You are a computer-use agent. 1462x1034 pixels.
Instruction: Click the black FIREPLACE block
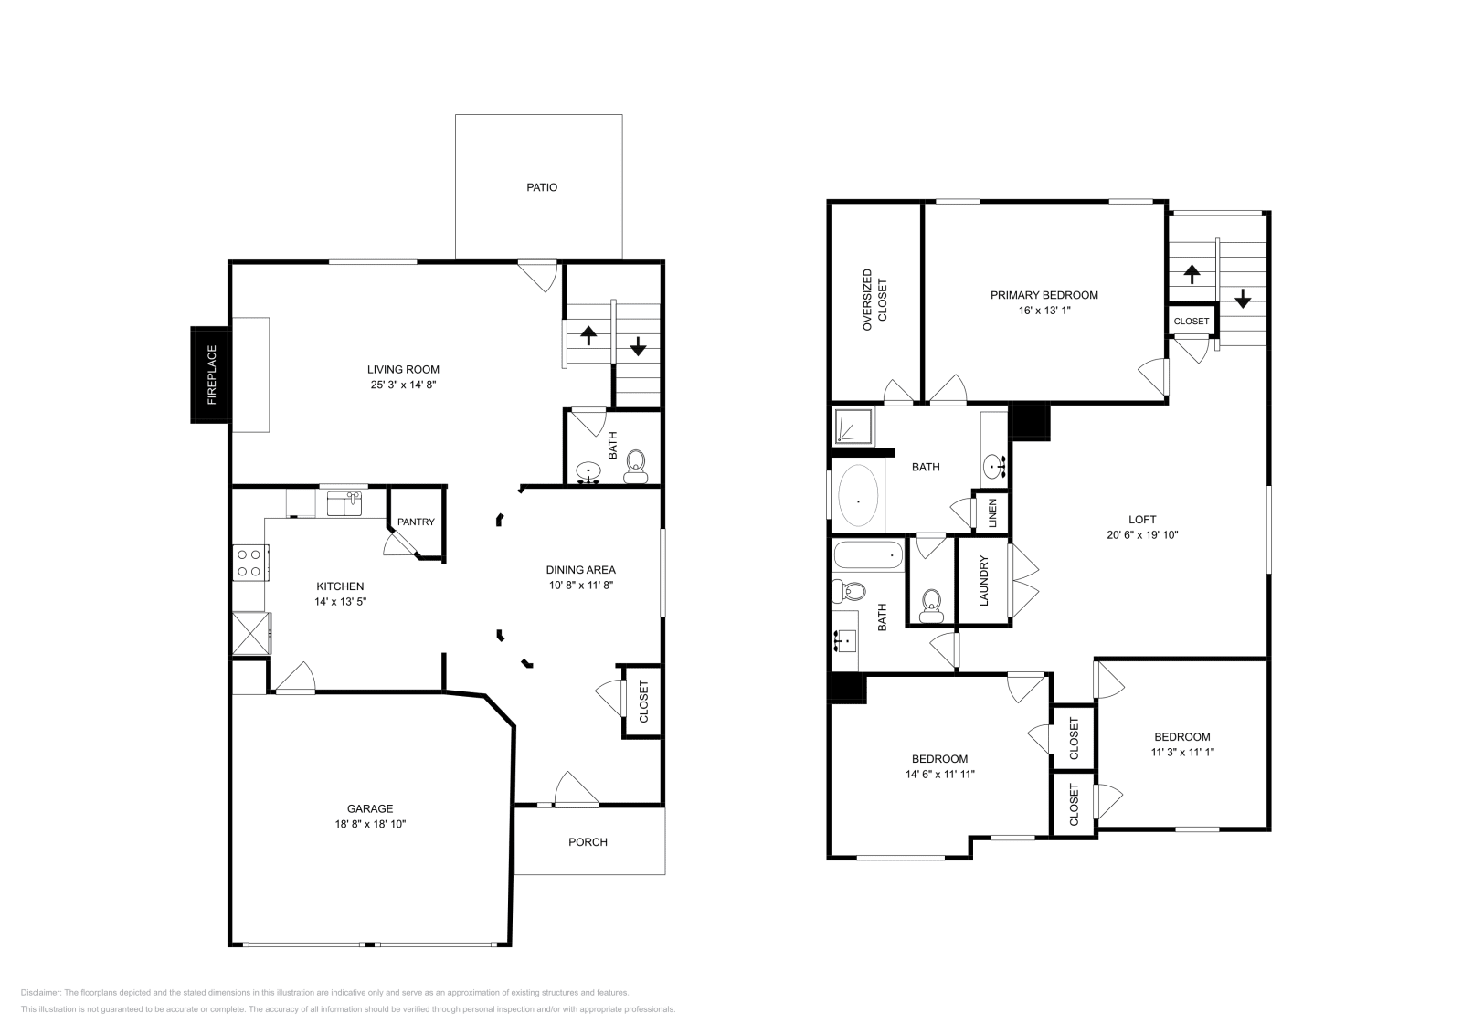coord(209,375)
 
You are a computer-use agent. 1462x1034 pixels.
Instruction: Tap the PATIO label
coord(541,187)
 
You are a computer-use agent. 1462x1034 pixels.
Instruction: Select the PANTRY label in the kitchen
coord(416,522)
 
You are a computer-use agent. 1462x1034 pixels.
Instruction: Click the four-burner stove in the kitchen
coord(249,562)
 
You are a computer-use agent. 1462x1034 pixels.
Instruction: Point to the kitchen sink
coord(344,503)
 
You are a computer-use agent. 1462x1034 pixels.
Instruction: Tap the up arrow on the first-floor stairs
coord(588,335)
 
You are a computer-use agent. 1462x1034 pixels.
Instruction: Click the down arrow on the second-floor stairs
coord(1243,299)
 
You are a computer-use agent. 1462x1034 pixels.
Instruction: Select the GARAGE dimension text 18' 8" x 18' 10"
coord(370,824)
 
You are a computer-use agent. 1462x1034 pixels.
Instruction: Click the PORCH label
coord(588,842)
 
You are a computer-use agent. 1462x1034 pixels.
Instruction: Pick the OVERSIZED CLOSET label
coord(874,298)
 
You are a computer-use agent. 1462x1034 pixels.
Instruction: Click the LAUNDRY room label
coord(984,581)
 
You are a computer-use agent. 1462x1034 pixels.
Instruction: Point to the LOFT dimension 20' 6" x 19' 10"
coord(1142,535)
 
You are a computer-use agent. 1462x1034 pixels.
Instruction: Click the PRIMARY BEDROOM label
coord(1044,295)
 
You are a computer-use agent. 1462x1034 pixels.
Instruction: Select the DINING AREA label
coord(580,570)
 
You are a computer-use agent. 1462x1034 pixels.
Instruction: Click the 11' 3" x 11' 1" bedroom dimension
coord(1182,753)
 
